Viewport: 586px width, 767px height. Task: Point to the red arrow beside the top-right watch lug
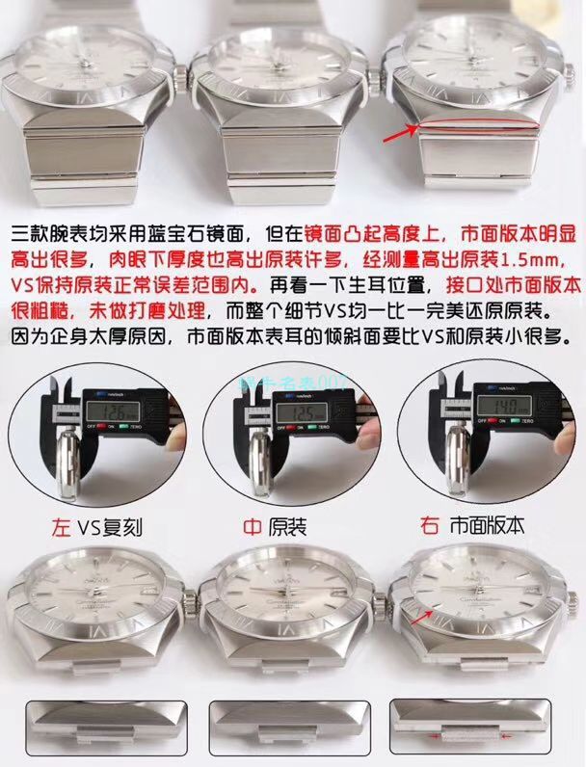coord(398,136)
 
